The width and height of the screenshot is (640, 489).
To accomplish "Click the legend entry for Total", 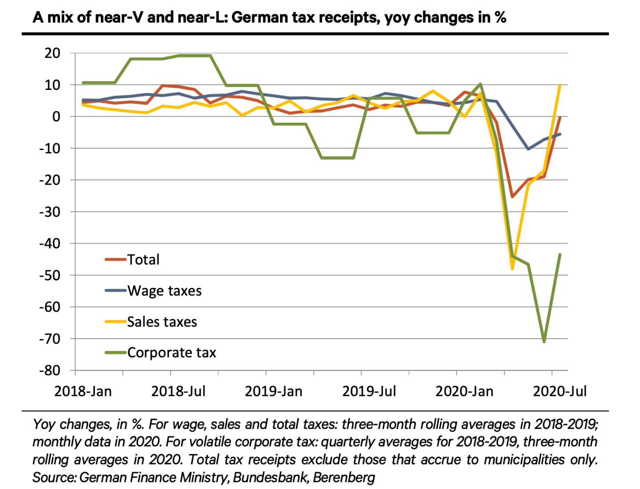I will click(143, 259).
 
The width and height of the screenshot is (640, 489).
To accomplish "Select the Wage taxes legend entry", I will click(164, 291).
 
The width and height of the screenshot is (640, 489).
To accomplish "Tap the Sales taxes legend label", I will click(162, 322).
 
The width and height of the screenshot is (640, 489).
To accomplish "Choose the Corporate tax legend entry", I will click(172, 353).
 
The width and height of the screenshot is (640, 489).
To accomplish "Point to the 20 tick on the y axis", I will click(52, 53).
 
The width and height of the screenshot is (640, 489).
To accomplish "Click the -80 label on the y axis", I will click(49, 371).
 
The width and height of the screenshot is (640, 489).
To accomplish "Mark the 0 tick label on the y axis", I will click(56, 117).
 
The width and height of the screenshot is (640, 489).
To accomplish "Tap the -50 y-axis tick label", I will click(49, 275).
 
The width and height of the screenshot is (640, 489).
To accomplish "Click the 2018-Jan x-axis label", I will click(83, 392).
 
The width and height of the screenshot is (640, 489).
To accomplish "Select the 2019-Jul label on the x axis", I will click(369, 392).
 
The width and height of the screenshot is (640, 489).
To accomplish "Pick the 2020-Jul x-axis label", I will click(560, 392).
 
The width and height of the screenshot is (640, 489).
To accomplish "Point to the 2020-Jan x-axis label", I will click(464, 392).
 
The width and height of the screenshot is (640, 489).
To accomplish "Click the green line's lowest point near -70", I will click(544, 341).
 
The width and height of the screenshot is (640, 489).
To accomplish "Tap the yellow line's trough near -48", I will click(512, 269).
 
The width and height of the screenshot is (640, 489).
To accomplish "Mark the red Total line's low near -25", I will click(512, 196).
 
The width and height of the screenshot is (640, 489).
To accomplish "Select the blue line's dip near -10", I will click(528, 149).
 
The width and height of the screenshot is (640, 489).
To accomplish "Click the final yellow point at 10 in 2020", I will click(560, 85).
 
